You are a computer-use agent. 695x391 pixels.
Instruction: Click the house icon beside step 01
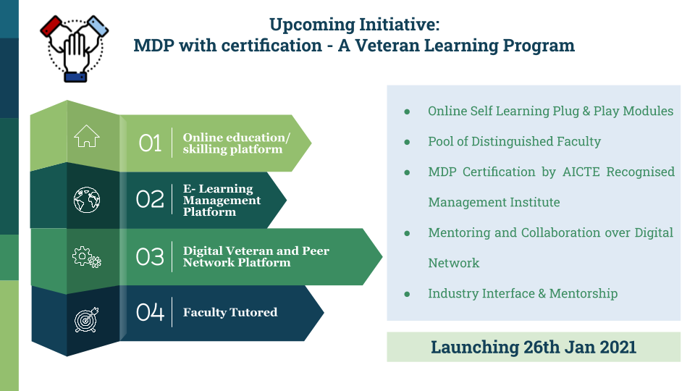click(86, 135)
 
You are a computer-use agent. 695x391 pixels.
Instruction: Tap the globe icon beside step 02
click(87, 200)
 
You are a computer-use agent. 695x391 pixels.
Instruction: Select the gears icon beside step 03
click(87, 257)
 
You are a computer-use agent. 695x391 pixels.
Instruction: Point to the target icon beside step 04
click(86, 319)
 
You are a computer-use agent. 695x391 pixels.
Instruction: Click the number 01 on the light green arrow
click(150, 143)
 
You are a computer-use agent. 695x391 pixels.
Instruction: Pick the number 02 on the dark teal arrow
click(150, 200)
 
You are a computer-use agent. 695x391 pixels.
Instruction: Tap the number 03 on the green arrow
click(150, 256)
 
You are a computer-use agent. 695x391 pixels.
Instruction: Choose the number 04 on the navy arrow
click(150, 312)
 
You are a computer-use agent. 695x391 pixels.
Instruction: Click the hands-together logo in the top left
click(75, 49)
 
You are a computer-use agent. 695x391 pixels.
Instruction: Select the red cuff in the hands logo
click(51, 27)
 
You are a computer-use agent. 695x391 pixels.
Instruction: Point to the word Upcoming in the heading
click(311, 25)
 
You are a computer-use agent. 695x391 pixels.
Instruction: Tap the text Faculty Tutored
click(230, 313)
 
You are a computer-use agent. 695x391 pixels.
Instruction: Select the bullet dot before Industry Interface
click(407, 294)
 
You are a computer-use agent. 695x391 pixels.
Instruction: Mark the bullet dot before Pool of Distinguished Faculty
click(407, 142)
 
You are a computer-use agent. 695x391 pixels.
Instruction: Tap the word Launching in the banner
click(475, 348)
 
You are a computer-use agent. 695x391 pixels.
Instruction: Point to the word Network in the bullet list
click(453, 263)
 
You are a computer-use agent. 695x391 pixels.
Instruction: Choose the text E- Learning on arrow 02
click(218, 189)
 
